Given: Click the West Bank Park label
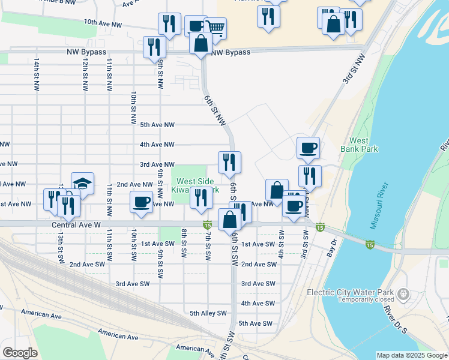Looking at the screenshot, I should [x=359, y=143].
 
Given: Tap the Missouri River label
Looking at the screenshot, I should [x=382, y=214].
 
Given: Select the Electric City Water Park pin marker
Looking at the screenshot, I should [x=403, y=295].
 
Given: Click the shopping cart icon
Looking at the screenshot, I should [x=215, y=28].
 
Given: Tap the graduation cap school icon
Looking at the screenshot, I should [x=82, y=183].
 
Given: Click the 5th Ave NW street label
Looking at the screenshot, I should [x=157, y=125].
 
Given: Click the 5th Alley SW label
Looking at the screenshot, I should [x=208, y=313].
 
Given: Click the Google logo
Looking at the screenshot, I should [x=20, y=353].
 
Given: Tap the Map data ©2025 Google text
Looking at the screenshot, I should [x=412, y=355].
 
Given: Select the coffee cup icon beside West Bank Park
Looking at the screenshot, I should [x=308, y=147].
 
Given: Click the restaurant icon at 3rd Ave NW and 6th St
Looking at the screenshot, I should [x=229, y=161].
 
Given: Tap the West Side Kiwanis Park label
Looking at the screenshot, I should [x=193, y=185].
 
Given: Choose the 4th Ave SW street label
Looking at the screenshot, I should [x=258, y=304].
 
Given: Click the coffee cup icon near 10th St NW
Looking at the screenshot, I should [x=142, y=201].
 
